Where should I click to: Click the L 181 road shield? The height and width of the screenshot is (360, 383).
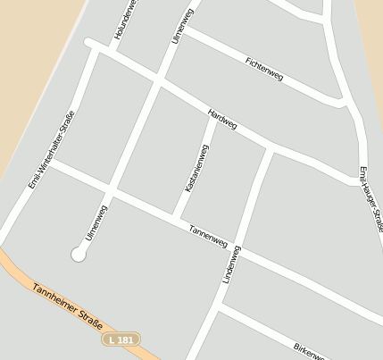click(x=121, y=339)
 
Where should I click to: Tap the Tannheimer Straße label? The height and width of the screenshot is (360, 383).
click(x=68, y=307)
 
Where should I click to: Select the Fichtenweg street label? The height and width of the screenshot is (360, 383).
click(x=263, y=69)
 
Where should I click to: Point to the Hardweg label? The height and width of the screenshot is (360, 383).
click(x=221, y=120)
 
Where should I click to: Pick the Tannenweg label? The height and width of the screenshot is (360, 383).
click(x=208, y=236)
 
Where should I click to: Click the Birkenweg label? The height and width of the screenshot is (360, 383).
click(x=309, y=349)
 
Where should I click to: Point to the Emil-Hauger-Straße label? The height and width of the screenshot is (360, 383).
click(x=371, y=197)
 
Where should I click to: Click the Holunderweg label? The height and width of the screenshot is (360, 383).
click(x=125, y=20)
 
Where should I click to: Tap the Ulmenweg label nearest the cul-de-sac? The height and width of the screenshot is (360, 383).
click(x=96, y=222)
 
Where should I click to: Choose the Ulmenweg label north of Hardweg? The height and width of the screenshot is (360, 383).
click(x=182, y=27)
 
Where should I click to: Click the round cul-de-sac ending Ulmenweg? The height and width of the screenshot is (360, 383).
click(x=78, y=255)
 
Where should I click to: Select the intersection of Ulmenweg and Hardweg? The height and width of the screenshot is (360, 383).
click(x=159, y=83)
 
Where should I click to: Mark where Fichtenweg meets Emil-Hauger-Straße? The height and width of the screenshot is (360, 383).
click(x=344, y=102)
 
